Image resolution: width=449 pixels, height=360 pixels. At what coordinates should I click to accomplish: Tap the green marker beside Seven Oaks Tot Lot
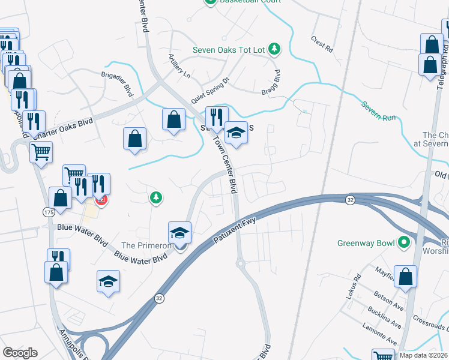click(x=274, y=48)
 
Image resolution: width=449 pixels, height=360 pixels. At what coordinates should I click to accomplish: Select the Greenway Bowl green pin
click(x=404, y=242)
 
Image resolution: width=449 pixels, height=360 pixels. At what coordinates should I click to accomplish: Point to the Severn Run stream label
click(x=378, y=111)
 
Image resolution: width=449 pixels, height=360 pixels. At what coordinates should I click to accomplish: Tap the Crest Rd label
click(x=322, y=44)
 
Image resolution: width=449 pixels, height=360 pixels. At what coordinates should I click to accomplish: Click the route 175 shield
click(x=49, y=212)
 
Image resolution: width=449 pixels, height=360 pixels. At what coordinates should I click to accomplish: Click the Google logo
click(x=20, y=353)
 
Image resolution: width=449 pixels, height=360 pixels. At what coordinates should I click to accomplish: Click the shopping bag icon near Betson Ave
click(x=406, y=277)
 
